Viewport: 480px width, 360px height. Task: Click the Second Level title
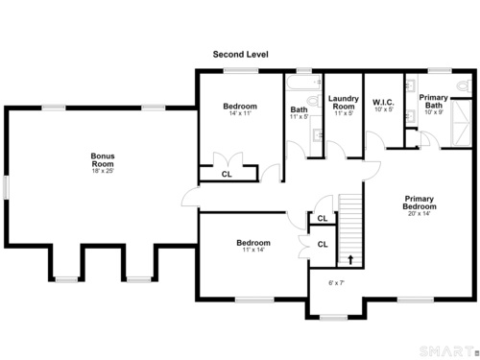coord(241,55)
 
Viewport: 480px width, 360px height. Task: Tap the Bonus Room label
coord(103,159)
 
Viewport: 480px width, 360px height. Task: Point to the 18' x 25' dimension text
coord(103,171)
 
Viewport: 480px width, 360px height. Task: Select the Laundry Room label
coord(344,103)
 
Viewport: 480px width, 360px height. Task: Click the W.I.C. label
coord(383,103)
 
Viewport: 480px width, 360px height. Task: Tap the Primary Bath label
coord(434,101)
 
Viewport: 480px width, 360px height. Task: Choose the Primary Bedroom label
coord(420,203)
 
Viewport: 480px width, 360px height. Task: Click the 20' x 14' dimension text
coord(420,213)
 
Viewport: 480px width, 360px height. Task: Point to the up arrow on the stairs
coord(350,260)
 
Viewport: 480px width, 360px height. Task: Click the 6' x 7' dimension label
coord(336,283)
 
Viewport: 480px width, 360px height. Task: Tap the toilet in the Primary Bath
coord(464,85)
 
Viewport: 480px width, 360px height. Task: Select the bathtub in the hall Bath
coord(303,83)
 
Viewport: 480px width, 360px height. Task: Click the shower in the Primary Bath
coord(461,123)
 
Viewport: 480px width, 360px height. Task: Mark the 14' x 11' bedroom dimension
coord(240,113)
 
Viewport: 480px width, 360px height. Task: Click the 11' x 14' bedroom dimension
coord(253,250)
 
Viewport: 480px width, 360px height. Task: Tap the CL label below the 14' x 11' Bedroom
coord(227,174)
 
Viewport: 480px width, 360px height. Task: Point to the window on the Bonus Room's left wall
coord(6,187)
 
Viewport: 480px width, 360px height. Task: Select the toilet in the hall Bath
coord(314,101)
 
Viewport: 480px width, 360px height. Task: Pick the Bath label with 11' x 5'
coord(299,109)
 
